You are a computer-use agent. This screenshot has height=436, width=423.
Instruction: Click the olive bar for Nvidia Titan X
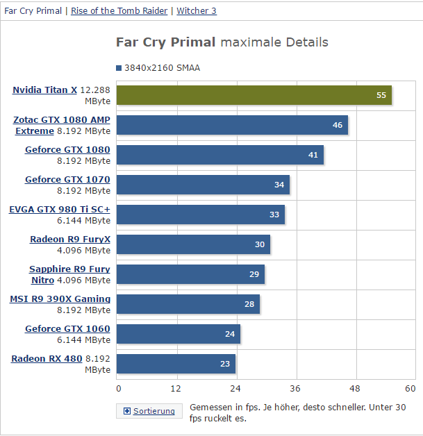pos(254,95)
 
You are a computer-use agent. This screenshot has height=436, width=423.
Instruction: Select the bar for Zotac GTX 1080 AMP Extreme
pos(232,125)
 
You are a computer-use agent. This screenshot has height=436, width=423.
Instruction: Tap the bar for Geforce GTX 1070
pos(203,185)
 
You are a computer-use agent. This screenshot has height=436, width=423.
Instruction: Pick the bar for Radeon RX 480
pos(176,364)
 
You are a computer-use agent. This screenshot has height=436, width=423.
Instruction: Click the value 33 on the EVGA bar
pos(274,215)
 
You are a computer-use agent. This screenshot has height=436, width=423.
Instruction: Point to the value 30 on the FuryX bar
pos(260,244)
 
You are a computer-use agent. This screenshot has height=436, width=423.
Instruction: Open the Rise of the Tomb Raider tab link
pos(119,11)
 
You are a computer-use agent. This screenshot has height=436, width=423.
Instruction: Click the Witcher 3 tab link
pos(197,11)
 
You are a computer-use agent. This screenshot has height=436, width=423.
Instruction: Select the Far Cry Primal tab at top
pos(33,11)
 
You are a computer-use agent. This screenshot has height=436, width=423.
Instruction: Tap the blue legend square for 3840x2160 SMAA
pos(119,68)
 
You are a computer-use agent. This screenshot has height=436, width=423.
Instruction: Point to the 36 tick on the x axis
pos(296,388)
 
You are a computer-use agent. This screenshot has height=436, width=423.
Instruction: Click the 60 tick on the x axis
pos(410,388)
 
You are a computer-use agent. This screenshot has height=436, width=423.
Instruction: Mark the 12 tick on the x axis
pos(176,388)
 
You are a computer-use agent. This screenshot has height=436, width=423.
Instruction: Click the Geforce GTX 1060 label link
pos(67,328)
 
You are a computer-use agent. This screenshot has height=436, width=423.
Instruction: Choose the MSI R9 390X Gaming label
pos(60,299)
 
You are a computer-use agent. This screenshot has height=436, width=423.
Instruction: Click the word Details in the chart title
pos(305,42)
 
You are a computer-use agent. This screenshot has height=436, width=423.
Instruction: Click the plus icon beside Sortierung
pos(126,411)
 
